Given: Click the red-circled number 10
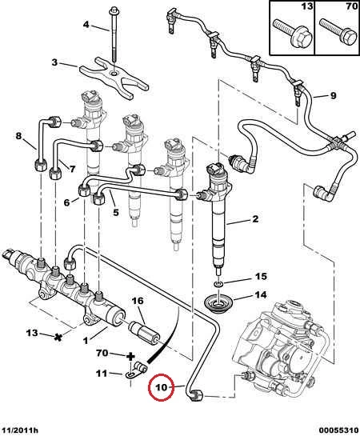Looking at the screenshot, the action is click(x=162, y=386).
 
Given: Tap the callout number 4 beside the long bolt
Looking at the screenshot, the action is click(x=86, y=25).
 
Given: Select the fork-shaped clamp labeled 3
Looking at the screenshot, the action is click(x=114, y=78).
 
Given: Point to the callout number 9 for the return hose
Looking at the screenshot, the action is click(x=333, y=96).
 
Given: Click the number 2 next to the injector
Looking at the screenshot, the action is click(x=255, y=219).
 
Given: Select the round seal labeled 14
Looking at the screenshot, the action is click(x=218, y=305).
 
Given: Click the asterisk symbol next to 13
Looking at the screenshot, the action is click(x=58, y=338).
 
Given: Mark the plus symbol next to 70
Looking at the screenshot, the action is click(x=130, y=356).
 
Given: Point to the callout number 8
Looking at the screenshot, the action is click(x=19, y=136).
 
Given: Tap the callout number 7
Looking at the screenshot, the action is click(x=72, y=169).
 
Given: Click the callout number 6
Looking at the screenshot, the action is click(x=66, y=202).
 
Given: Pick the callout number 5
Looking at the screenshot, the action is click(x=116, y=213).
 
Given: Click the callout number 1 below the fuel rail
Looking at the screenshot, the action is click(x=86, y=340).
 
